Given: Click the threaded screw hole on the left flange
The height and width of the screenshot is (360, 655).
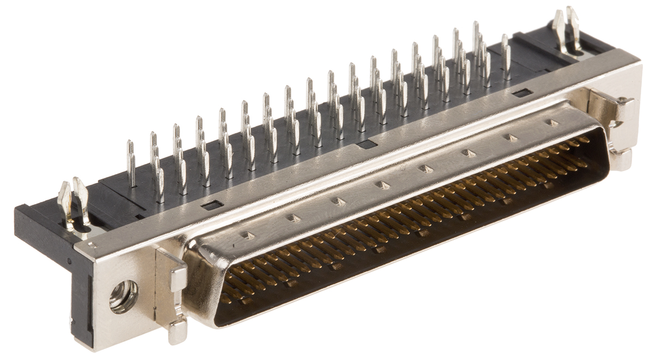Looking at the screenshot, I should (123, 296).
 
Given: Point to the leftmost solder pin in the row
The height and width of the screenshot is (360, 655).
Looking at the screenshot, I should (131, 163).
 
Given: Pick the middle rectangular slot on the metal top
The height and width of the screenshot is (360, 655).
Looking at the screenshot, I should (367, 145).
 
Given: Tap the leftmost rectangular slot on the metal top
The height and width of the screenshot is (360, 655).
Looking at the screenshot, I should (212, 205).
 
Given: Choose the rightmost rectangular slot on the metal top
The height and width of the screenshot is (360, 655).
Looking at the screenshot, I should (522, 93).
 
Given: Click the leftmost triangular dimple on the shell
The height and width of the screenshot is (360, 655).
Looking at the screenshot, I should (248, 236).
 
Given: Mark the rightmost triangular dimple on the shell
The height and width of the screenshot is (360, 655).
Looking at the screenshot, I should (552, 123).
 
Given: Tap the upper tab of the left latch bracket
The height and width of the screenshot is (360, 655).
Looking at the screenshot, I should (178, 278).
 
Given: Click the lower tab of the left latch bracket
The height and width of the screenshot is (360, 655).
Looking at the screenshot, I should (177, 331).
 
